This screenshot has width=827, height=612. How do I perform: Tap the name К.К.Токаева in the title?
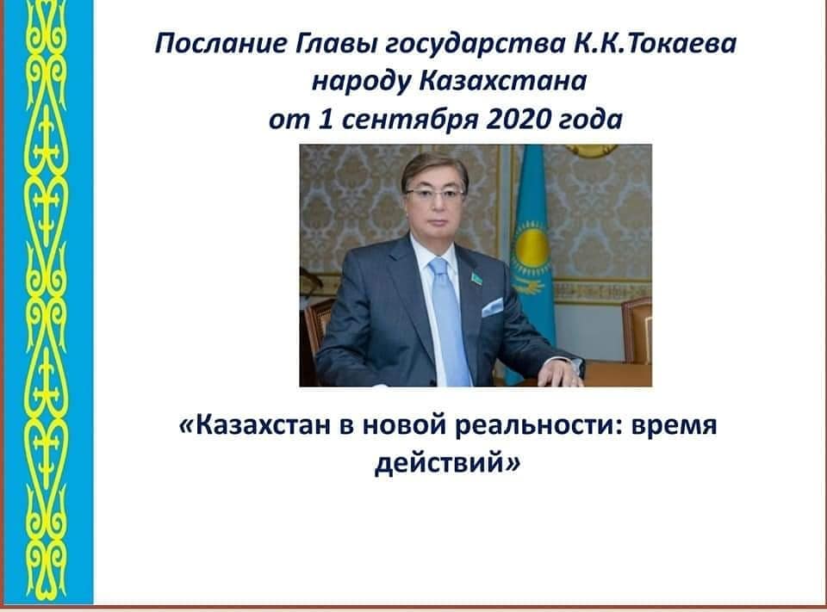tap(655, 43)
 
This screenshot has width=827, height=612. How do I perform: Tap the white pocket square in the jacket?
tap(492, 306)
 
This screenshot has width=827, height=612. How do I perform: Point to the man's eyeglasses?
tap(436, 193)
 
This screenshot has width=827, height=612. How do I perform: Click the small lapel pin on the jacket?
tap(476, 278)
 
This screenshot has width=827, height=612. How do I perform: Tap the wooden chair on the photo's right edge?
tap(637, 330)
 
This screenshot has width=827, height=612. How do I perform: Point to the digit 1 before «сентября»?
tap(326, 120)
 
